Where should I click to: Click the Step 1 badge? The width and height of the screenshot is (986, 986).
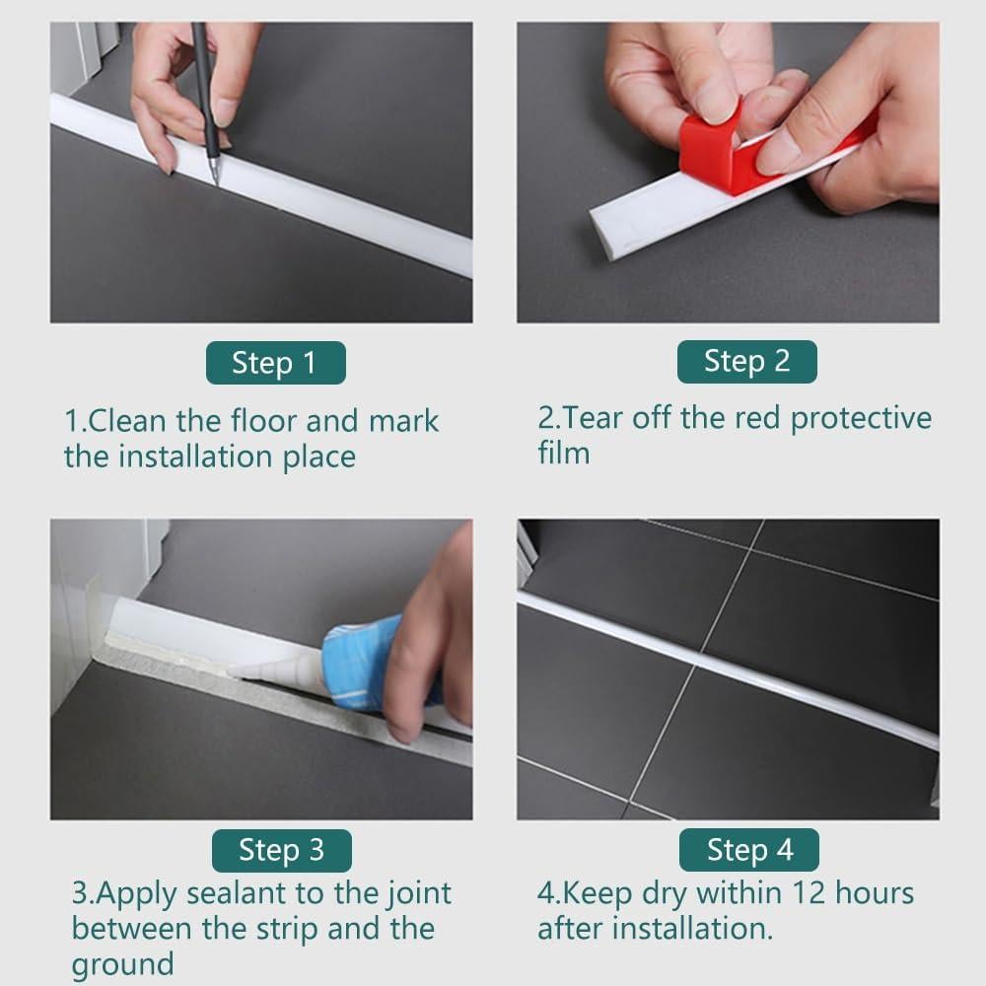tap(275, 363)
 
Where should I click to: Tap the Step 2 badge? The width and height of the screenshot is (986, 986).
tap(747, 362)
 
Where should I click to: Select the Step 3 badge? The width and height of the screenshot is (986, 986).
tap(281, 850)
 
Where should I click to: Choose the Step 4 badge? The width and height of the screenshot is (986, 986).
tap(749, 850)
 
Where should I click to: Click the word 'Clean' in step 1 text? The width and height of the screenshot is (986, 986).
tap(127, 421)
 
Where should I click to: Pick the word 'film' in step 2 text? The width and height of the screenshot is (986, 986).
tap(564, 453)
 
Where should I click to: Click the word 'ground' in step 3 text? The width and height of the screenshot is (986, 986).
tap(122, 965)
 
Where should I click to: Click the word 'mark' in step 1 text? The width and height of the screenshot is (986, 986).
tap(403, 421)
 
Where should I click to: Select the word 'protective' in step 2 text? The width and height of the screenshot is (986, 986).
tap(861, 419)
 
